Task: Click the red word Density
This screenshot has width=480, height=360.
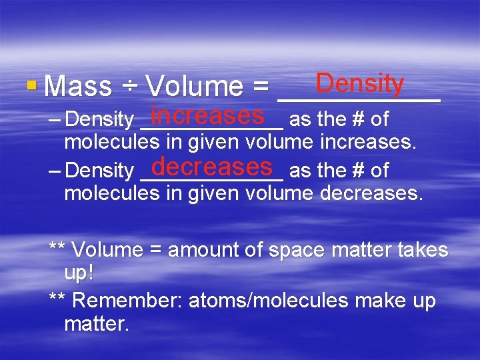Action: (x=360, y=84)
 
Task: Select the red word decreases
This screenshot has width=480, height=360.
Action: (x=212, y=166)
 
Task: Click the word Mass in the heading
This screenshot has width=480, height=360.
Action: (x=79, y=87)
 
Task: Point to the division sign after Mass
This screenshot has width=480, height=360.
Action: (x=129, y=87)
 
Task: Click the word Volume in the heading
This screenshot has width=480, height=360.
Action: (x=194, y=87)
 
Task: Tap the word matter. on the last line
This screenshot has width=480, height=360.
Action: (x=97, y=325)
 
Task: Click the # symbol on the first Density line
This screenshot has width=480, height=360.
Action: (x=357, y=119)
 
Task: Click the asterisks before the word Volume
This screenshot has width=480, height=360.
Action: (x=57, y=249)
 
